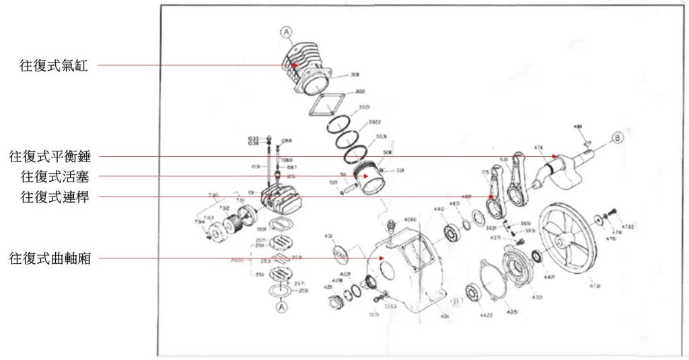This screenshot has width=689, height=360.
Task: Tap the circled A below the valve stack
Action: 281,306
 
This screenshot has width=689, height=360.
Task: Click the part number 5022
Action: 375,122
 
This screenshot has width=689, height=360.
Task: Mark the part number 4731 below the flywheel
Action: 595,285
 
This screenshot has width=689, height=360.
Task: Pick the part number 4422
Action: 486,314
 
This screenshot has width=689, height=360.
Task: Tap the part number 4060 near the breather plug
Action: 411,219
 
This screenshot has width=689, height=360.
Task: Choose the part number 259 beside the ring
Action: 303,290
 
